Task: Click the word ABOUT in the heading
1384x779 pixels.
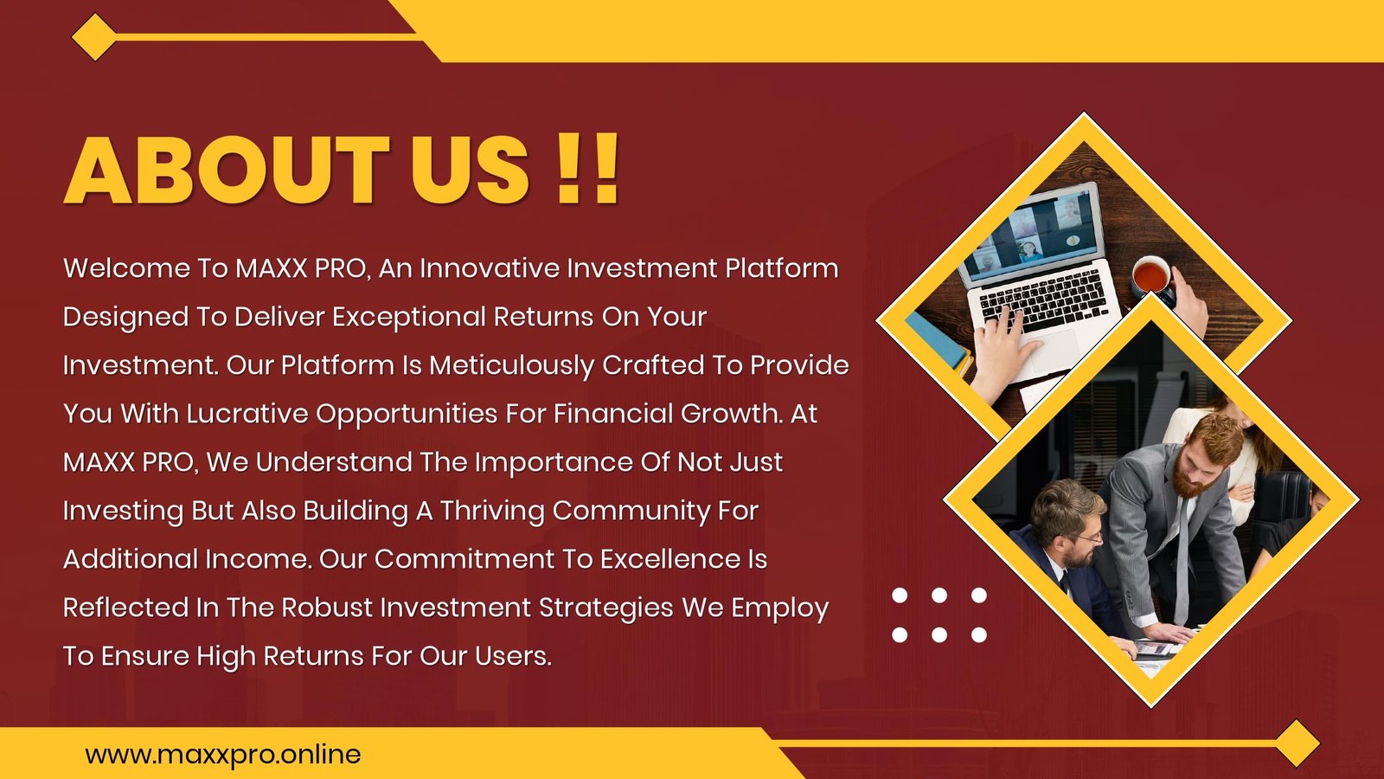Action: pos(226,170)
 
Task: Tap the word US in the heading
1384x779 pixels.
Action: pos(470,170)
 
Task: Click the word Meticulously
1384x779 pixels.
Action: pos(511,365)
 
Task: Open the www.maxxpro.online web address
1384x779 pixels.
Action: pos(223,755)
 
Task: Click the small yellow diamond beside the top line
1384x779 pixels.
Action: pos(94,37)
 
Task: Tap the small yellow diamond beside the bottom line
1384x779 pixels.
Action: pos(1297,744)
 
